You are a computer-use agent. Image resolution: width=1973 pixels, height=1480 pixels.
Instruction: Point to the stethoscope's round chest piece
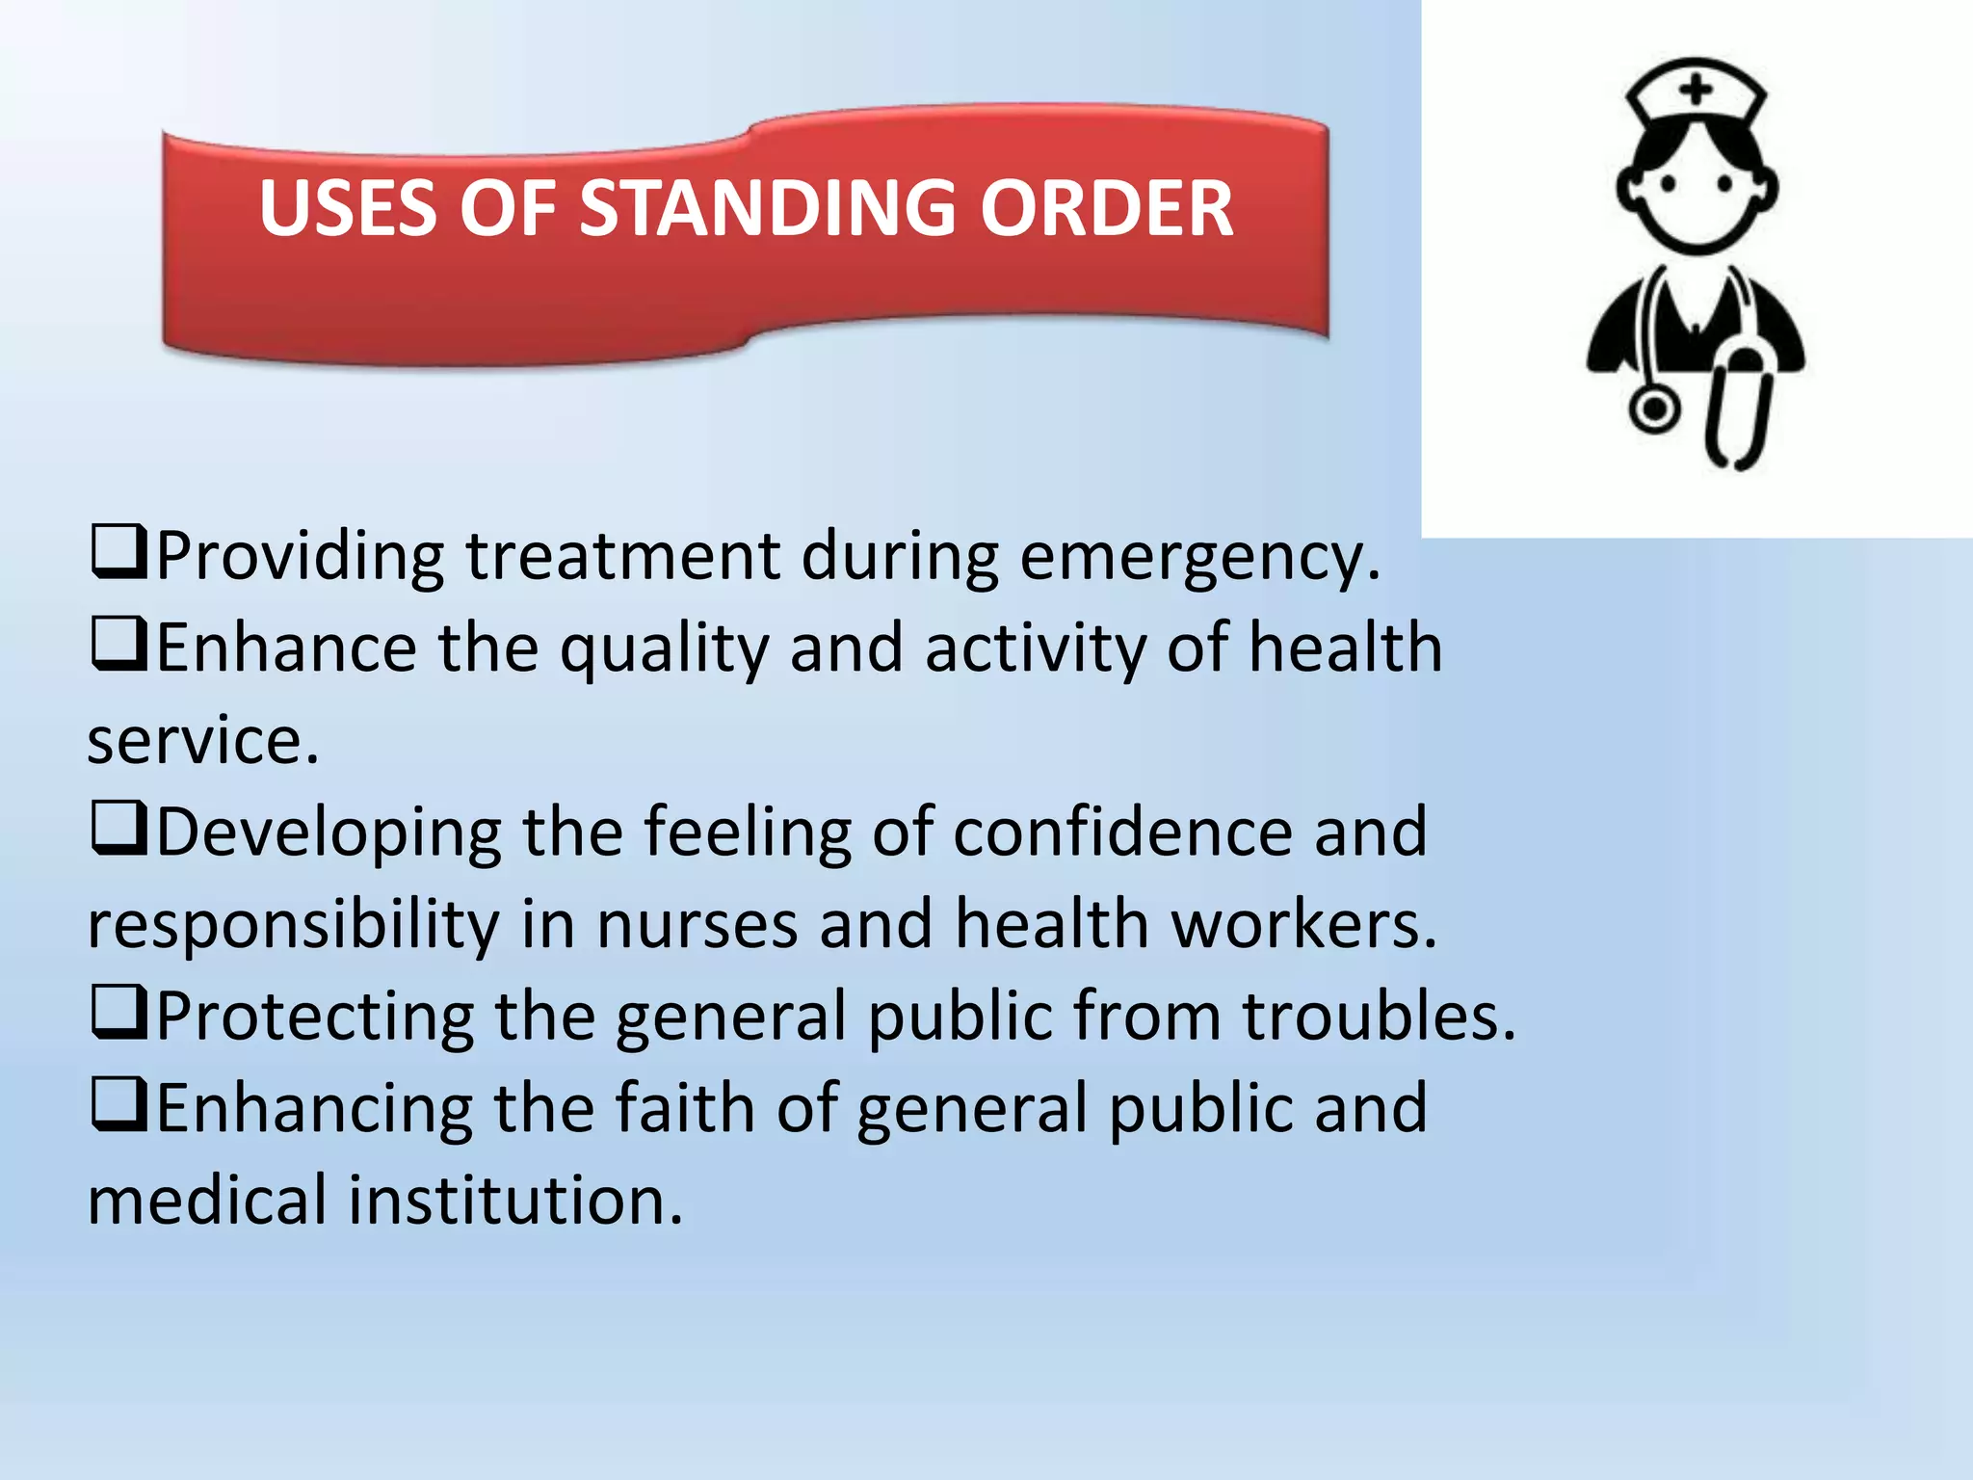tap(1654, 409)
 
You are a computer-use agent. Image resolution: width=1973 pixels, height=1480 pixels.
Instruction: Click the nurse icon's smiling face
tap(1697, 193)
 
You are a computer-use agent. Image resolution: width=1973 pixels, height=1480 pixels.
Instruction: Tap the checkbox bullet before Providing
tap(119, 552)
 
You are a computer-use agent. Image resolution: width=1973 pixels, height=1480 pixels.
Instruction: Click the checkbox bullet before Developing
tap(119, 829)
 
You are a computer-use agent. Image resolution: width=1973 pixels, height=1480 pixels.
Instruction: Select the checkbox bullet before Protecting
tap(119, 1013)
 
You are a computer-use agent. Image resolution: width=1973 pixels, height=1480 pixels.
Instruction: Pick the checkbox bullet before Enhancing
tap(119, 1105)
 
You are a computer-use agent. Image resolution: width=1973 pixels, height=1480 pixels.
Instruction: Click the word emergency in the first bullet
tap(1198, 557)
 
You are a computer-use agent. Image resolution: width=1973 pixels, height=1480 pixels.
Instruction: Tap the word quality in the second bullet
tap(664, 649)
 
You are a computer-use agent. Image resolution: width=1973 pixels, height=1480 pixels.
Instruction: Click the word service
tap(202, 741)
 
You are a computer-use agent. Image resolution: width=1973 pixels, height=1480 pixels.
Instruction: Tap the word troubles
tap(1378, 1017)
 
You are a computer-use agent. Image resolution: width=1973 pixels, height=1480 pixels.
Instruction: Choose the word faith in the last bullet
tap(685, 1107)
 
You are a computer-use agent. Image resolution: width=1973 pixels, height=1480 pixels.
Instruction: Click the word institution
tap(514, 1201)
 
